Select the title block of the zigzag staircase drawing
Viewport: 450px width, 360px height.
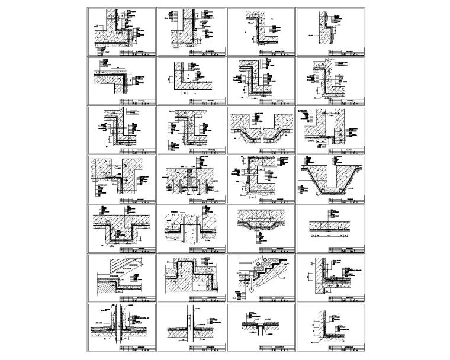click(268, 298)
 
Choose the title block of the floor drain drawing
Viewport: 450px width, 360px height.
click(268, 348)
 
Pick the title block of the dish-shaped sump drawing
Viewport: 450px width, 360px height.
click(268, 249)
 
